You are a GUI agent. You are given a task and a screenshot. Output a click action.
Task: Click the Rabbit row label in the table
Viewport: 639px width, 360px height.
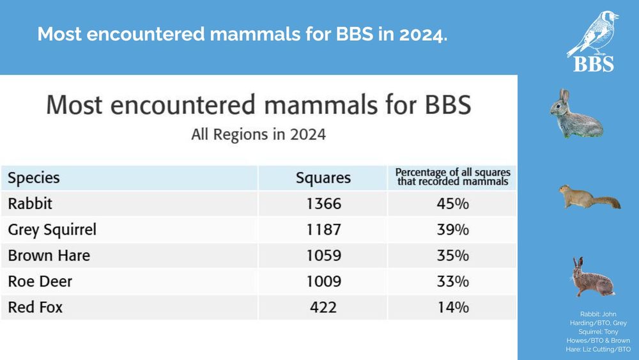(x=30, y=204)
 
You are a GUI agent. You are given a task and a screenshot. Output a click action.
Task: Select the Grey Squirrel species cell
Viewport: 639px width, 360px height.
(x=52, y=230)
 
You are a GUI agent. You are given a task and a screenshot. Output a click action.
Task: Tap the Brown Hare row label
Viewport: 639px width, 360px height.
(x=49, y=256)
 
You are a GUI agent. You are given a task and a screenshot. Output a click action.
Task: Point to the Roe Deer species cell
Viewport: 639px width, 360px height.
(x=40, y=281)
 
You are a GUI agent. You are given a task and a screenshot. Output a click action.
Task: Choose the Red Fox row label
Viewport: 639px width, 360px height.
(x=35, y=308)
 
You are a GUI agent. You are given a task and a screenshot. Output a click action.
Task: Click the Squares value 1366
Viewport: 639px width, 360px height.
(x=323, y=204)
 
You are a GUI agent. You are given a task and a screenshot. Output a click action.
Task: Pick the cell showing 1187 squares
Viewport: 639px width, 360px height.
(x=323, y=230)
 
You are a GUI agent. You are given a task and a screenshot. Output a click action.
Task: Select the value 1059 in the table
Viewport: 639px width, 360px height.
(x=323, y=256)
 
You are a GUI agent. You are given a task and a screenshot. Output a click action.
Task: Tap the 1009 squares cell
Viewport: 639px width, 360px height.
(x=323, y=281)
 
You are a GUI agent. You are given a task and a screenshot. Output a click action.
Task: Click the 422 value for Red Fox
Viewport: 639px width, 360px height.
(x=323, y=308)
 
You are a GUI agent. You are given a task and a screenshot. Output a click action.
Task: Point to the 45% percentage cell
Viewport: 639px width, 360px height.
(x=452, y=204)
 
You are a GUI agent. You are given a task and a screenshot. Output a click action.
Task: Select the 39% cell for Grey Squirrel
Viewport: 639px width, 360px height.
(x=452, y=230)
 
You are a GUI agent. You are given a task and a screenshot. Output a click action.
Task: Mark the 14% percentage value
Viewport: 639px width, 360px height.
(x=452, y=308)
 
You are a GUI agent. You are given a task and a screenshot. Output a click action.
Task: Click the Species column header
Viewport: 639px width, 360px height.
(x=34, y=177)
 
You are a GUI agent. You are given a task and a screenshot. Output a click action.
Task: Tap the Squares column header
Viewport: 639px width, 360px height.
(x=323, y=177)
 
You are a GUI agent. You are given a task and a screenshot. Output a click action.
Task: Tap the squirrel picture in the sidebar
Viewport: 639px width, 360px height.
(x=589, y=197)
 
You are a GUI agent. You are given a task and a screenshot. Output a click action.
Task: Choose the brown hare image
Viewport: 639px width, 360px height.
(x=590, y=278)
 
